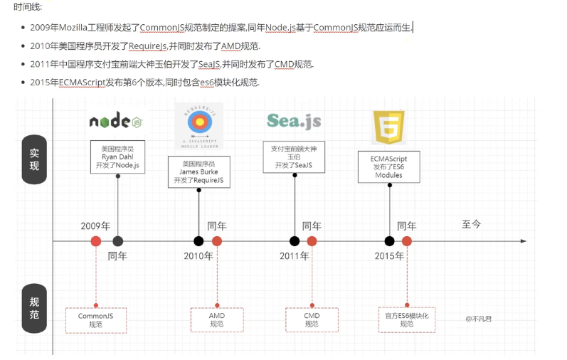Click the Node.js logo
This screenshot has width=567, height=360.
tap(118, 121)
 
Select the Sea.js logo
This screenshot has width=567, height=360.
tap(294, 120)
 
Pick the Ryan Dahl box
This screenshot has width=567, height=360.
tap(118, 157)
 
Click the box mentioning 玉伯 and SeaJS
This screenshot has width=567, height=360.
tap(294, 157)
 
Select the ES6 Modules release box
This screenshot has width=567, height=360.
tap(388, 166)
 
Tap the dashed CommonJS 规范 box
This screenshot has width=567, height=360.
tap(96, 320)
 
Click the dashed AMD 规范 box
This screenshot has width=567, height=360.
tap(217, 320)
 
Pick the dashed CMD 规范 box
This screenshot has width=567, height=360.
tap(312, 320)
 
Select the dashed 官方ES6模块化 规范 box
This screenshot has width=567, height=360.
tap(407, 319)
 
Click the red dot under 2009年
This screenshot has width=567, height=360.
tap(96, 241)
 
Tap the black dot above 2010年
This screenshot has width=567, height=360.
tap(199, 241)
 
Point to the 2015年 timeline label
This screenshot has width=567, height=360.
tap(389, 256)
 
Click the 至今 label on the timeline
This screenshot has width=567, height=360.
tap(472, 224)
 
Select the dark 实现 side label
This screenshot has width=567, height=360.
tap(34, 160)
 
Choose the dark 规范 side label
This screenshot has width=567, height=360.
tap(34, 308)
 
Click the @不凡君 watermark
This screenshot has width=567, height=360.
tap(479, 319)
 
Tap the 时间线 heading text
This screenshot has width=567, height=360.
tap(28, 6)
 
